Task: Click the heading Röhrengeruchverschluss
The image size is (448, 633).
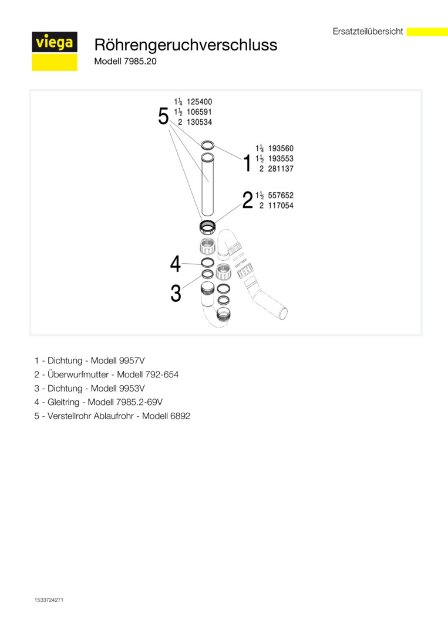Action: pyautogui.click(x=186, y=45)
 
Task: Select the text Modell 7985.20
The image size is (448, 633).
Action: pyautogui.click(x=125, y=61)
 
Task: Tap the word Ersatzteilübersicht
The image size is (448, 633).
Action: pyautogui.click(x=368, y=32)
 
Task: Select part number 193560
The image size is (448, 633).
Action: pyautogui.click(x=281, y=149)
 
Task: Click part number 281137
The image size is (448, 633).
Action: pyautogui.click(x=281, y=169)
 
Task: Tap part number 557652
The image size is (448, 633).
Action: pyautogui.click(x=281, y=196)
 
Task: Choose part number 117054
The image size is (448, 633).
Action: pyautogui.click(x=281, y=206)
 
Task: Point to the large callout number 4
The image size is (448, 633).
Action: pyautogui.click(x=176, y=264)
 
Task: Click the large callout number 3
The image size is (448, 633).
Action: pyautogui.click(x=176, y=294)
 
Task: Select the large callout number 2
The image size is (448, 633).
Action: pyautogui.click(x=247, y=200)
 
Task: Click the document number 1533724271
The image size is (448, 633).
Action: pyautogui.click(x=49, y=600)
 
